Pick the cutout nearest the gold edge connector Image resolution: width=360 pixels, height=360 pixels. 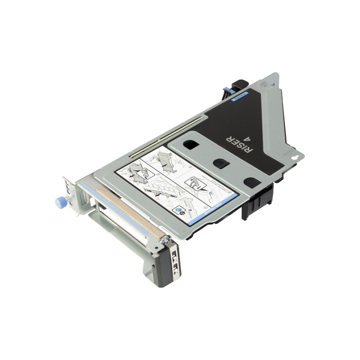[190, 145]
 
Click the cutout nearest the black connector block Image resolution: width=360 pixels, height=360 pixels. [252, 182]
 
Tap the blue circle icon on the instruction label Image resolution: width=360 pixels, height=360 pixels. [178, 211]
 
